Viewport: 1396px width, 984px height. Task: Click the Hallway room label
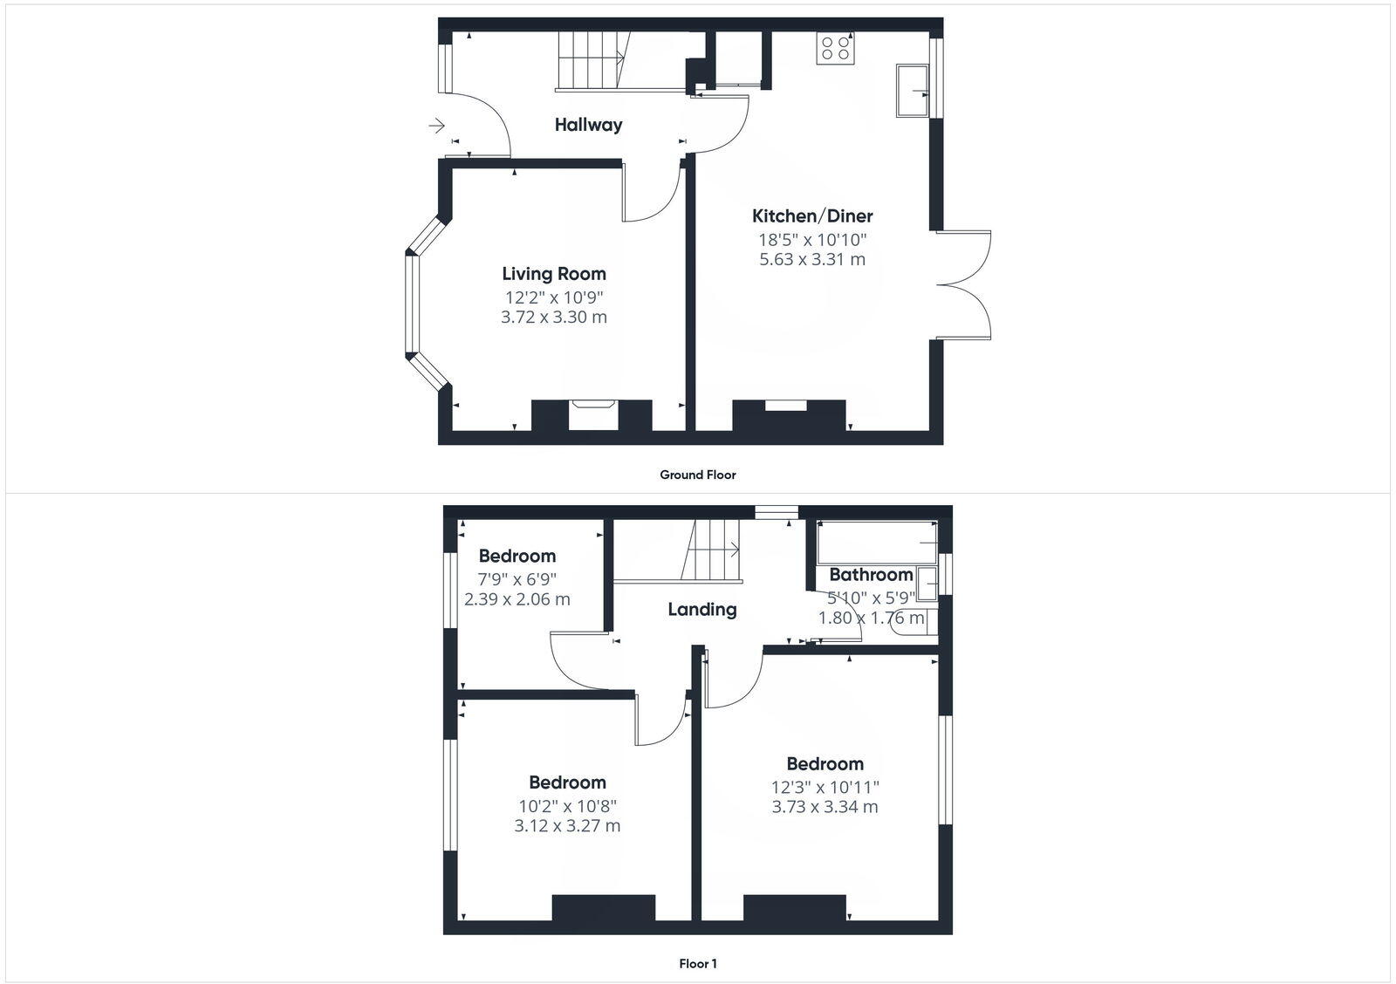point(589,125)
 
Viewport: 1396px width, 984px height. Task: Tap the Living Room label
point(554,274)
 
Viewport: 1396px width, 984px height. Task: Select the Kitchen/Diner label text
point(812,216)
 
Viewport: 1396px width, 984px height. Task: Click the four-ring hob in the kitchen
point(835,47)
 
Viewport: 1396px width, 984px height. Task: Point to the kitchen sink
point(912,90)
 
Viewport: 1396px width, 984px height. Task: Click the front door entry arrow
point(436,126)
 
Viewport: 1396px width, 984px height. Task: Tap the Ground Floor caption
point(698,475)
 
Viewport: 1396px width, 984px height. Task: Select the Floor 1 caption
point(698,964)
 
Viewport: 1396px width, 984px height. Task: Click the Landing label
point(702,610)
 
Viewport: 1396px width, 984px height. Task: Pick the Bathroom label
point(871,575)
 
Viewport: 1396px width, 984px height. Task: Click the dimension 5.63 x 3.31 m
point(812,259)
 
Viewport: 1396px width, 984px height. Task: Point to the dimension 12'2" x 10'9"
point(554,297)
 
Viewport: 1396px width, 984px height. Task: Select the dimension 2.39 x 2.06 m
point(517,599)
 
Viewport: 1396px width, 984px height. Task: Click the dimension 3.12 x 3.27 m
point(567,825)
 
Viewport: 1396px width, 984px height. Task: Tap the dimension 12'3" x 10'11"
point(825,787)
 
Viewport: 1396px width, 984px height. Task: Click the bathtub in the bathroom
point(877,542)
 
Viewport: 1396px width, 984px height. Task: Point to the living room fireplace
point(592,414)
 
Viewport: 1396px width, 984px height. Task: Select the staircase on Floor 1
point(711,550)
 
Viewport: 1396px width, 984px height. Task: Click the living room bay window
point(413,304)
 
